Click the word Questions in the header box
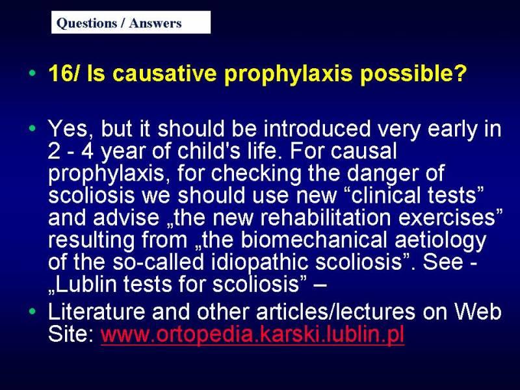point(86,23)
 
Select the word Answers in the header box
point(155,23)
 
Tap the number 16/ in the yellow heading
point(64,73)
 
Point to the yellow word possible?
point(413,73)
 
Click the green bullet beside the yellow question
point(32,73)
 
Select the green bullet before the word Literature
point(32,311)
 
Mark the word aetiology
point(440,240)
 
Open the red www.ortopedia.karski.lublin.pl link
point(253,334)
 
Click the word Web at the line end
point(478,311)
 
